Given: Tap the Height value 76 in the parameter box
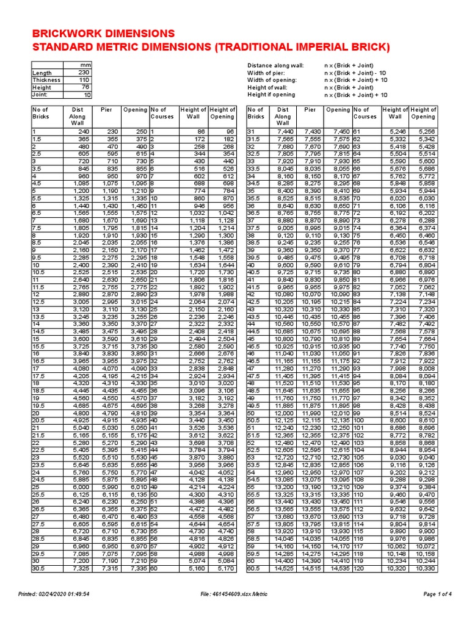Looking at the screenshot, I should click(84, 87).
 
